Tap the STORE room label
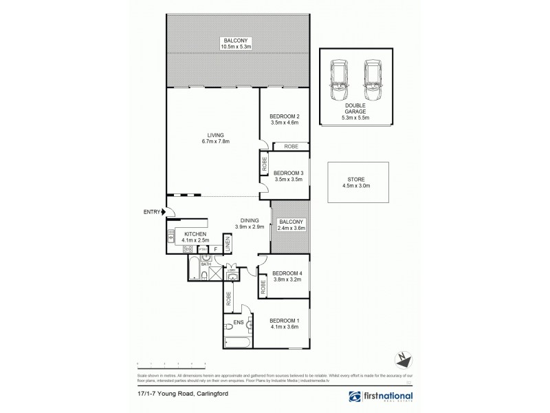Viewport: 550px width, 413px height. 355,182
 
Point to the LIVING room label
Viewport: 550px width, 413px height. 210,135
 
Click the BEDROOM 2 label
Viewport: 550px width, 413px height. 284,116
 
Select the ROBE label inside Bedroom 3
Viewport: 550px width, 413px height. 264,165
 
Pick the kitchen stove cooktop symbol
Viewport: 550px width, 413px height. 170,248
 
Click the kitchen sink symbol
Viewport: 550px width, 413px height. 170,235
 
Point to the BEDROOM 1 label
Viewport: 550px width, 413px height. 284,321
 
